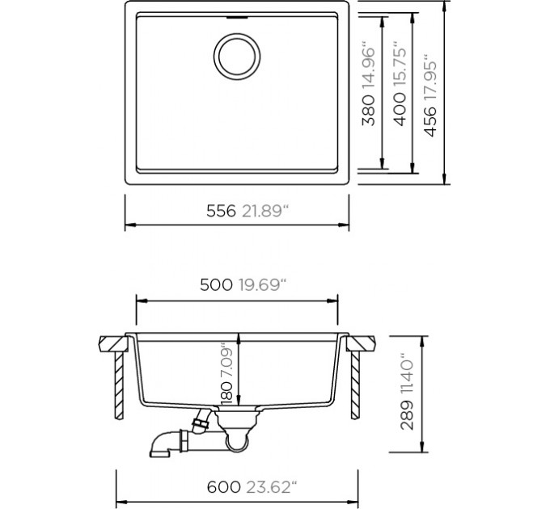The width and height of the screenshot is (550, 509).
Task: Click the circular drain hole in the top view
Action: [237, 56]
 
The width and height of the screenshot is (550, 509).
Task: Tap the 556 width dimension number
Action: [221, 211]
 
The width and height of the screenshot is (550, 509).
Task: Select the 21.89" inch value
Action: [264, 211]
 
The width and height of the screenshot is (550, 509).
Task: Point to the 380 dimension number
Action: [368, 111]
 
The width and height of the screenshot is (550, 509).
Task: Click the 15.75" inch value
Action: [400, 66]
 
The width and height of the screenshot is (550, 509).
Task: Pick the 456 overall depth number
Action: [430, 121]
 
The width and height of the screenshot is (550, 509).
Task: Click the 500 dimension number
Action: [216, 285]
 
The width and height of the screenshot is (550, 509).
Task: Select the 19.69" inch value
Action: [263, 285]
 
